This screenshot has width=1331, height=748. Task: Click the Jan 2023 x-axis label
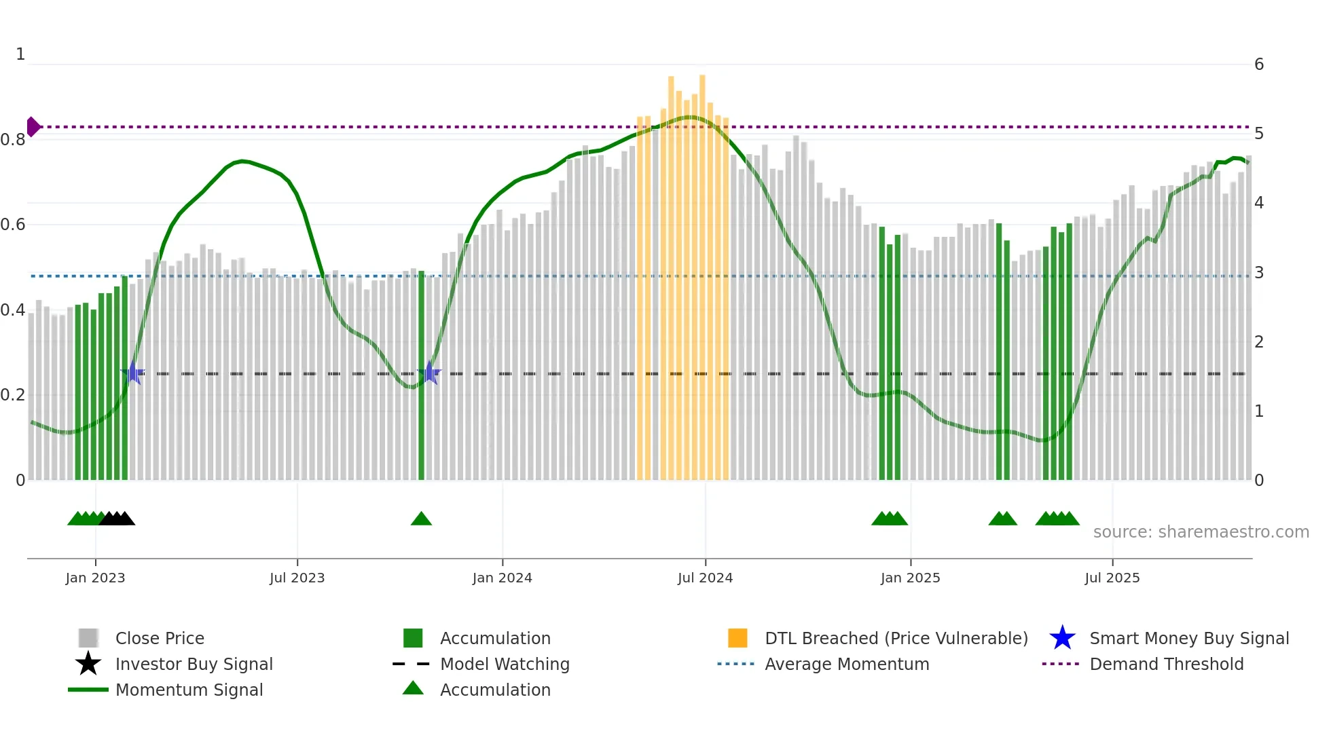pyautogui.click(x=95, y=578)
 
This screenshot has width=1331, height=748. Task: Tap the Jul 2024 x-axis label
pyautogui.click(x=705, y=578)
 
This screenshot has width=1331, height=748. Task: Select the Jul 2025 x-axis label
pyautogui.click(x=1112, y=578)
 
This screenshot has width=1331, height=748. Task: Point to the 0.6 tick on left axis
pyautogui.click(x=13, y=225)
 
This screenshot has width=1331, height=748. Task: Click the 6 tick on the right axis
pyautogui.click(x=1258, y=64)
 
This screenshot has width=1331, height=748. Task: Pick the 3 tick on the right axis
pyautogui.click(x=1258, y=273)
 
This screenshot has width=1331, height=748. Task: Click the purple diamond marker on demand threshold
pyautogui.click(x=33, y=127)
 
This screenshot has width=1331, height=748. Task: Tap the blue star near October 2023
pyautogui.click(x=429, y=373)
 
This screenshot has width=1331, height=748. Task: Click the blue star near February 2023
pyautogui.click(x=133, y=373)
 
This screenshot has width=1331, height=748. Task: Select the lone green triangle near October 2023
pyautogui.click(x=421, y=519)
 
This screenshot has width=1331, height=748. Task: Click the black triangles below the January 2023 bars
pyautogui.click(x=117, y=519)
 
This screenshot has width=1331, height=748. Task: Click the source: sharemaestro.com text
pyautogui.click(x=1201, y=532)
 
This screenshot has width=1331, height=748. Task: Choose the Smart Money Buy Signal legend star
pyautogui.click(x=1062, y=638)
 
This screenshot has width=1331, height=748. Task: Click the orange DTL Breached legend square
pyautogui.click(x=737, y=638)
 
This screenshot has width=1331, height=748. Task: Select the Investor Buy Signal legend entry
pyautogui.click(x=194, y=664)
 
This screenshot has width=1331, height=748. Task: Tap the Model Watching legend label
pyautogui.click(x=505, y=664)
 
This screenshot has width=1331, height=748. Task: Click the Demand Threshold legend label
pyautogui.click(x=1166, y=664)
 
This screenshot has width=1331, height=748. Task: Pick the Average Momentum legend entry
pyautogui.click(x=846, y=664)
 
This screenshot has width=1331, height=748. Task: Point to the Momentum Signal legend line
pyautogui.click(x=88, y=690)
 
